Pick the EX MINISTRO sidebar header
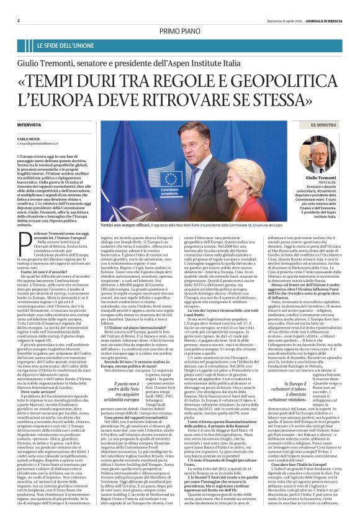pos(322,124)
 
